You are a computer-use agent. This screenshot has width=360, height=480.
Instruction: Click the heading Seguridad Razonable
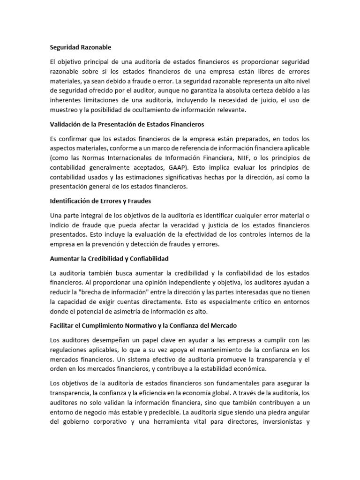pyautogui.click(x=81, y=47)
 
